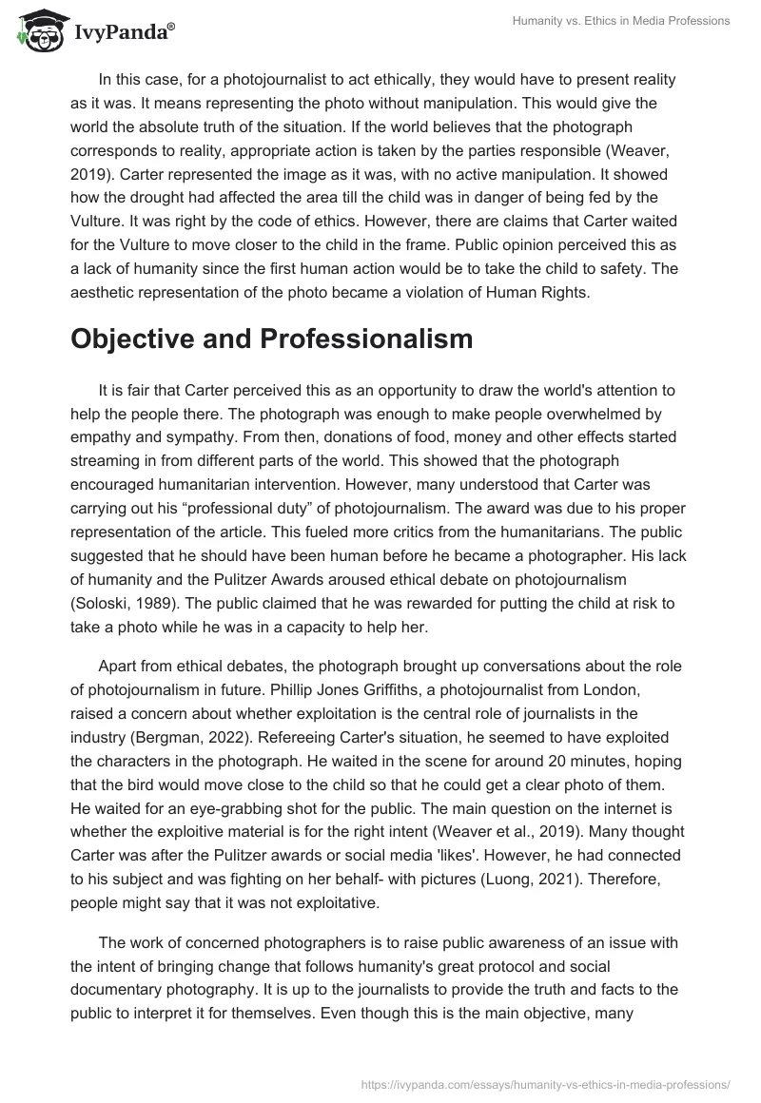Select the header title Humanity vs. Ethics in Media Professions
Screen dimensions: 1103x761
619,22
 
